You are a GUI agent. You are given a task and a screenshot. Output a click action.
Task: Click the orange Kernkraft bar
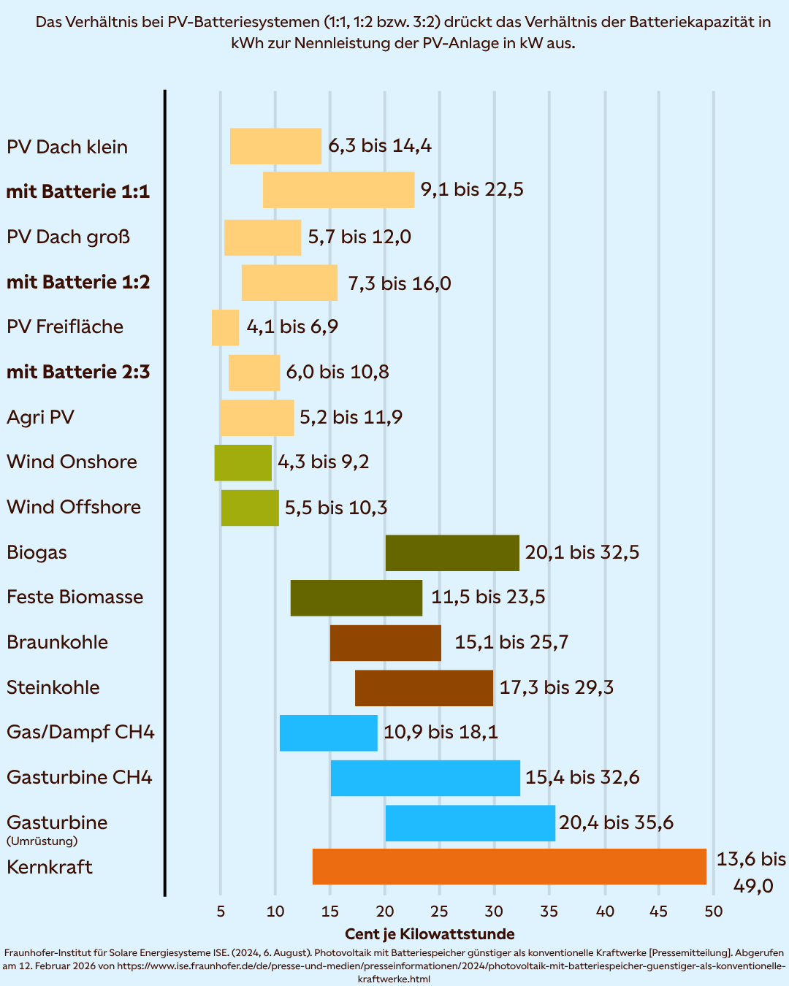tap(509, 867)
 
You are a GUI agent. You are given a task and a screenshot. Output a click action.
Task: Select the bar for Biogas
tap(452, 553)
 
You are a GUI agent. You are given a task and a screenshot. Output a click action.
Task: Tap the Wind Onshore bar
tap(243, 463)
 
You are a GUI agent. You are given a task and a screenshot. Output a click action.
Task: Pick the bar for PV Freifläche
tap(225, 328)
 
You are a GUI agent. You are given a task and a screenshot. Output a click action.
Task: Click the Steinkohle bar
tap(424, 688)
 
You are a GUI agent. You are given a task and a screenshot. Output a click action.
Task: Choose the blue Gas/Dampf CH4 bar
tap(328, 733)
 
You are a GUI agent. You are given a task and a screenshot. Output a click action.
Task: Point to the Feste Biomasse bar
tap(356, 598)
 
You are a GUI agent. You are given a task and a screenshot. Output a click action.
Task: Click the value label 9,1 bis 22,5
tap(472, 190)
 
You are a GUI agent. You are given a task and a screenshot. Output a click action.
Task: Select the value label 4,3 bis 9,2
tap(323, 462)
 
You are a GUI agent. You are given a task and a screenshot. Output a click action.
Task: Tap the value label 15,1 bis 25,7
tap(511, 643)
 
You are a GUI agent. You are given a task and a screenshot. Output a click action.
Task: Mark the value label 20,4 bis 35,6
tap(616, 823)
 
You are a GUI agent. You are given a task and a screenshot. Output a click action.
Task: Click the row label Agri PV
tap(41, 418)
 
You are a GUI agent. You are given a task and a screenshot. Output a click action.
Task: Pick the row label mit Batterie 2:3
tap(78, 372)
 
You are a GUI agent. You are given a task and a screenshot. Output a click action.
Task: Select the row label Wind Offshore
tap(74, 508)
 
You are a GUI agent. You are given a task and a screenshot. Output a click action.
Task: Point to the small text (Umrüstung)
tap(42, 841)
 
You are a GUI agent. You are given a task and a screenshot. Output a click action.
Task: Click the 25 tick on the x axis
tap(439, 912)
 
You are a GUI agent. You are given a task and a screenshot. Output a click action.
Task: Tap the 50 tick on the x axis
tap(714, 912)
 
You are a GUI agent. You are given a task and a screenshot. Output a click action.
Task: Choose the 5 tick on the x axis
tap(221, 912)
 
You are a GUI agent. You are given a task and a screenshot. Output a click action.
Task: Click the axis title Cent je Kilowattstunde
tap(430, 934)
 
